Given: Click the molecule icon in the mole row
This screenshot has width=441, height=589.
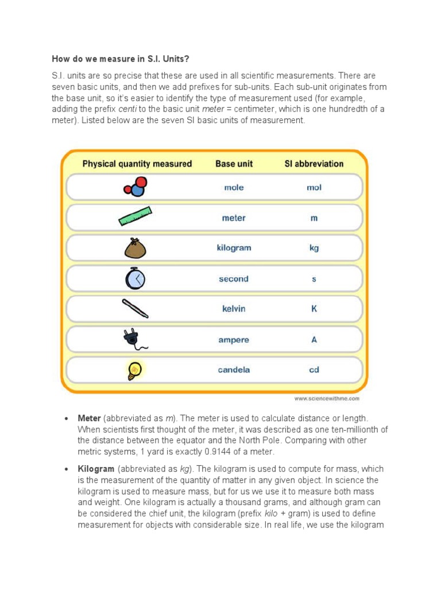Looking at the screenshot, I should (x=136, y=187).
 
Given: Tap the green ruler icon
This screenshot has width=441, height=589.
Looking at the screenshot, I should (x=135, y=216).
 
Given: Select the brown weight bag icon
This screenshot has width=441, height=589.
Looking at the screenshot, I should (x=136, y=248).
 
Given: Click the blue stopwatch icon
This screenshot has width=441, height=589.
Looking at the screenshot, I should (x=136, y=278).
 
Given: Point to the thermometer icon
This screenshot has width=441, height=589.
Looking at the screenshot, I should (x=136, y=309).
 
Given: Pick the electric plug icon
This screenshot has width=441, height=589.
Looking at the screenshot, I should (x=135, y=339).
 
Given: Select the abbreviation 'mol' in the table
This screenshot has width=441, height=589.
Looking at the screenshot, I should (x=314, y=188).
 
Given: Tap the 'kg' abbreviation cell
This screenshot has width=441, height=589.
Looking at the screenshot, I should (x=314, y=248).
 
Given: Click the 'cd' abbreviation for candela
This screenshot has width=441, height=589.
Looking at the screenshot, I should (x=314, y=370).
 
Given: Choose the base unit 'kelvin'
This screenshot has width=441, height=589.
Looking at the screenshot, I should (x=234, y=309).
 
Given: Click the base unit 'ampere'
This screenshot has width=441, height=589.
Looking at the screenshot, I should (x=234, y=340).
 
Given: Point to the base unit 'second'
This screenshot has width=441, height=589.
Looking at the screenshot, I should (x=234, y=279).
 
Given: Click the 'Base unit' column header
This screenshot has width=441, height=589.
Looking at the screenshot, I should (x=234, y=164).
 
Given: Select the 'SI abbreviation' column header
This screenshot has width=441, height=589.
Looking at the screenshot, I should (x=314, y=164).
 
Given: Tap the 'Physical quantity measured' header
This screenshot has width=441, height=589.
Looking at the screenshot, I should (x=137, y=164).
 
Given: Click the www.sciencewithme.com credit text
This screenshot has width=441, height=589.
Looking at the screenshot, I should (x=327, y=398).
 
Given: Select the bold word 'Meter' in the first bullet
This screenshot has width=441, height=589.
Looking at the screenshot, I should (x=90, y=418).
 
